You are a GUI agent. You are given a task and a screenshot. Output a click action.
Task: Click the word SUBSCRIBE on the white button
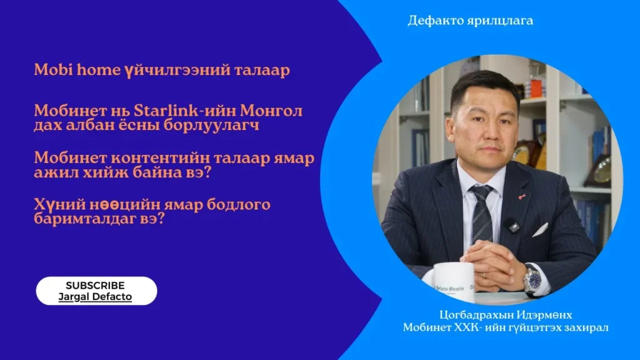(95, 285)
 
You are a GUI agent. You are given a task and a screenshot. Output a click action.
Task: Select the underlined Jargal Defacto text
(95, 297)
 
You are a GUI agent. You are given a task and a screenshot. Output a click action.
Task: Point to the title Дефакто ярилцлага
(470, 21)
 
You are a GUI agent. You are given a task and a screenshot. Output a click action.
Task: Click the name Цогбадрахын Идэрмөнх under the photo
(506, 315)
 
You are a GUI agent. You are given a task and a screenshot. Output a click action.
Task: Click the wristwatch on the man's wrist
(533, 279)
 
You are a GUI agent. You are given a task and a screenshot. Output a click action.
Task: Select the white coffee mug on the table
(452, 282)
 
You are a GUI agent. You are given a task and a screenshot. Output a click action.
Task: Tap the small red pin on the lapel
(522, 197)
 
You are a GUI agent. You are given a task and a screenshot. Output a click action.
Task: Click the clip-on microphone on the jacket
(513, 225)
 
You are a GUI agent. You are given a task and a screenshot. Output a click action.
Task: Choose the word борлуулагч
(211, 125)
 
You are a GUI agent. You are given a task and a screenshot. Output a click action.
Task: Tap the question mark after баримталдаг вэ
(161, 219)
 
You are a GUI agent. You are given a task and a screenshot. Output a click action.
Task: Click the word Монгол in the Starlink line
(271, 111)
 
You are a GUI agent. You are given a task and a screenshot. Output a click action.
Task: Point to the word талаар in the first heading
(262, 70)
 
